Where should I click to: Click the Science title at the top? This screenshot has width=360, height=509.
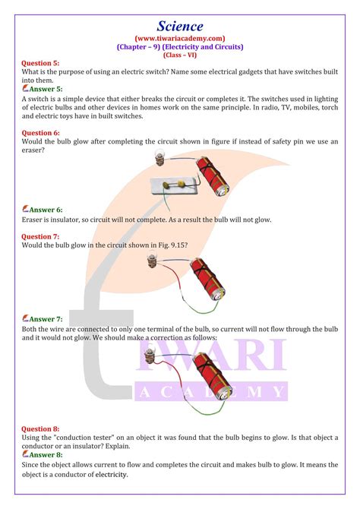[x=180, y=26]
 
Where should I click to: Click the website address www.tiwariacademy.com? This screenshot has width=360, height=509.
[x=180, y=38]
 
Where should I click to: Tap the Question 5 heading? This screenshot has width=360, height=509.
[x=40, y=63]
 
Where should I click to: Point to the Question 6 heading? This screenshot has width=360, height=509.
[x=40, y=133]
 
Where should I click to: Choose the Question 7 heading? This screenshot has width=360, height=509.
[x=40, y=236]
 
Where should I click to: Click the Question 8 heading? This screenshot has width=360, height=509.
[x=40, y=428]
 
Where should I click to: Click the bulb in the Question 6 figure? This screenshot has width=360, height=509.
[x=159, y=157]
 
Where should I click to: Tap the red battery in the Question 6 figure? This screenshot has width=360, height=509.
[x=212, y=176]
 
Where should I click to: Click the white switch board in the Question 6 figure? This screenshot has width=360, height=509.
[x=175, y=186]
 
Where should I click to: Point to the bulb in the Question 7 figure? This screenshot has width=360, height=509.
[x=152, y=261]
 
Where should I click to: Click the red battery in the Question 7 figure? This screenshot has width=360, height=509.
[x=207, y=279]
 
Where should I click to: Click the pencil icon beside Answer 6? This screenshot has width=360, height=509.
[x=25, y=209]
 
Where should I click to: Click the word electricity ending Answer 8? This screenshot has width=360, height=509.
[x=111, y=474]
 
